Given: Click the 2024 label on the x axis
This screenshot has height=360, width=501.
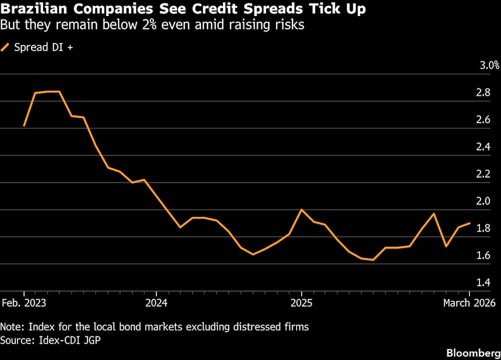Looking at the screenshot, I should tap(156, 303).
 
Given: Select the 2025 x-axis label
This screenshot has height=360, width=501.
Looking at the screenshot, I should tap(301, 303).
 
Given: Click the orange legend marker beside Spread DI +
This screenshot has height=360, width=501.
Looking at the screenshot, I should tap(6, 48).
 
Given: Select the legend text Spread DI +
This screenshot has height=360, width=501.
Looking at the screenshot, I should tap(44, 48).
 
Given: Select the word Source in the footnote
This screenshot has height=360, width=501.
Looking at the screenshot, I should tap(15, 340).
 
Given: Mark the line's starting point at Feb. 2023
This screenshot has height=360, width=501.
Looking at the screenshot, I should tap(24, 126).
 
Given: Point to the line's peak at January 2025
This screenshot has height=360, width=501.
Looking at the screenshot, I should tap(301, 209).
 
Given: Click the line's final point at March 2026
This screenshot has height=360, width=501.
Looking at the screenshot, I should tap(470, 223).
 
